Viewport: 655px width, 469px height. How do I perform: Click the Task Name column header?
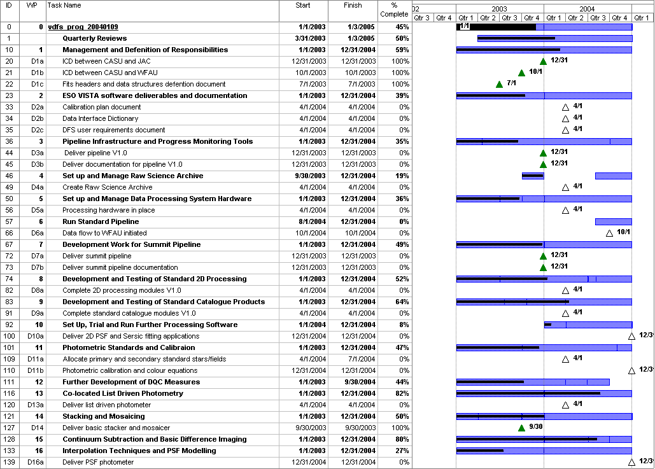coord(64,6)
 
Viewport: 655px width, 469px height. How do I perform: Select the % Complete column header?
coord(394,10)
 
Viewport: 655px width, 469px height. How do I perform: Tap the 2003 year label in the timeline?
coord(499,9)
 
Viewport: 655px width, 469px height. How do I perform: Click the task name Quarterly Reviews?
coord(94,38)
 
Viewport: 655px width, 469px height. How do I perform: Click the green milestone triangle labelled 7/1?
coord(499,84)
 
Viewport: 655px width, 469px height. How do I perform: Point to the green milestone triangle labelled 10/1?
coord(521,73)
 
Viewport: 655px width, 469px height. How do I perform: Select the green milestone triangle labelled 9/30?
coord(521,428)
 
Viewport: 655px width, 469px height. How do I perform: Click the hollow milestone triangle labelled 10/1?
coord(609,233)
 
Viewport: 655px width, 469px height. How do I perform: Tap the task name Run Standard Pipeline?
coord(101,221)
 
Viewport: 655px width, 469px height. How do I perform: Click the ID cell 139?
coord(10,462)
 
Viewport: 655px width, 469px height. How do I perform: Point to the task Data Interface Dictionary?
coord(100,118)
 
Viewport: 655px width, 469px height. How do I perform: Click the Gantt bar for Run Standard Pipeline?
coord(613,221)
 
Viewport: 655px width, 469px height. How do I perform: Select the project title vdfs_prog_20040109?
coord(83,27)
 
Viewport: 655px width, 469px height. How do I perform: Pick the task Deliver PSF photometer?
coord(98,462)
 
